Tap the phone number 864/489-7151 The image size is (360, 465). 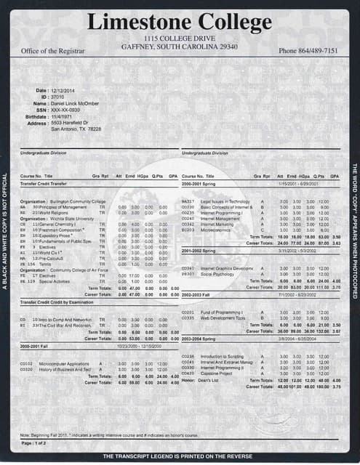308,51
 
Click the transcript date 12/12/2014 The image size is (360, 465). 64,90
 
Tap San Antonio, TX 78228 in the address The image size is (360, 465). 76,129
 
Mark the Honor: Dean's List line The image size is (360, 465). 199,380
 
